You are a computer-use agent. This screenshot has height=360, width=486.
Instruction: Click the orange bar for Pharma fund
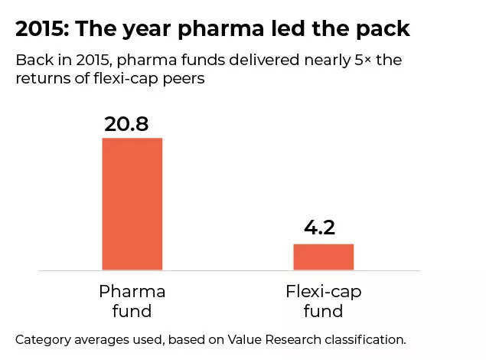(132, 204)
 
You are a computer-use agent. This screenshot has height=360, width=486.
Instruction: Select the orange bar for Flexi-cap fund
(323, 257)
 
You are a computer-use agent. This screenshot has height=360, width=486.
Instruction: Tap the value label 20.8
(126, 124)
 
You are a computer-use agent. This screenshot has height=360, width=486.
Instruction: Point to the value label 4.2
(320, 228)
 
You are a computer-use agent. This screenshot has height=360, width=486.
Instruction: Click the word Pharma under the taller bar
(132, 292)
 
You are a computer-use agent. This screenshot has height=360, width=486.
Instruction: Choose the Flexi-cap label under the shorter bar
(323, 292)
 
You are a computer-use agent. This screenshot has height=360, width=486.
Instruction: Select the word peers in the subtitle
(184, 78)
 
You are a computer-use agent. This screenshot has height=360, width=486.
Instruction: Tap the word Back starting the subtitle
(34, 60)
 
